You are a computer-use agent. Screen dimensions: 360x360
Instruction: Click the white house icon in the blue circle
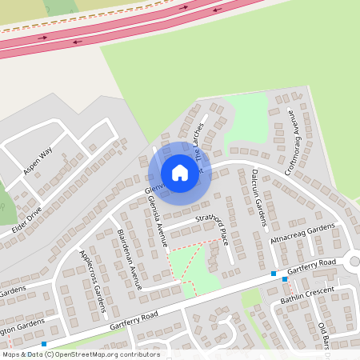[180, 173]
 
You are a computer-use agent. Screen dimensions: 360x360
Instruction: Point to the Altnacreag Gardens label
[302, 233]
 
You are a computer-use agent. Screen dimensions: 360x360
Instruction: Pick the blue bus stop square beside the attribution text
[44, 344]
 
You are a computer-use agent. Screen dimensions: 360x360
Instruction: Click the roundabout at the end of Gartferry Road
[354, 262]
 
